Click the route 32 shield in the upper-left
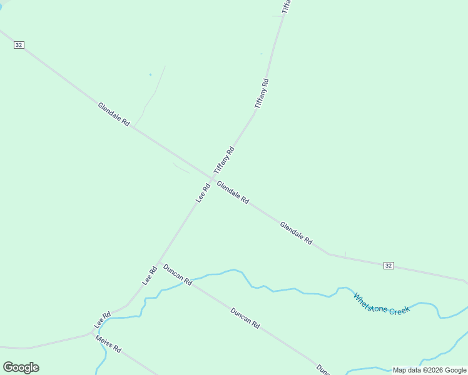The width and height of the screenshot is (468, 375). [19, 45]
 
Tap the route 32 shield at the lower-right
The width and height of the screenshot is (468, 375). [389, 266]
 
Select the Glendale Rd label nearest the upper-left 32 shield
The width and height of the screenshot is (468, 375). [113, 115]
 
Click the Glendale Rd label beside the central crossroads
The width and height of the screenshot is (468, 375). [233, 192]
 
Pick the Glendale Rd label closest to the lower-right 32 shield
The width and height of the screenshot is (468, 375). [296, 232]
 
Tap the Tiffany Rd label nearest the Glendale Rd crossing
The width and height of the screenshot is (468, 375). [223, 160]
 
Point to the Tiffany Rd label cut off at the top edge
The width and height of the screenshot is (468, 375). [286, 6]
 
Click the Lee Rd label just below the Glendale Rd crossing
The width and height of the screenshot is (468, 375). [203, 192]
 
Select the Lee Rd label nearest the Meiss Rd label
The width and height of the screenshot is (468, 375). [102, 319]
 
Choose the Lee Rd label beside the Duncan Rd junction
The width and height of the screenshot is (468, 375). [150, 276]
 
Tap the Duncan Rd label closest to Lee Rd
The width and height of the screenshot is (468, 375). [177, 276]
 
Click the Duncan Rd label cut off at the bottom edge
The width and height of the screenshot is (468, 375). [323, 369]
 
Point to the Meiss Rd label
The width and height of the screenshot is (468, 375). [108, 343]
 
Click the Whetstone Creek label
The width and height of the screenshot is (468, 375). [382, 304]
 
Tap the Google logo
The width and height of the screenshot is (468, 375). [21, 367]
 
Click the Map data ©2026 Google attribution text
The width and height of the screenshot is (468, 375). [429, 370]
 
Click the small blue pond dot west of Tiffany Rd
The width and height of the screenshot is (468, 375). [150, 75]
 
